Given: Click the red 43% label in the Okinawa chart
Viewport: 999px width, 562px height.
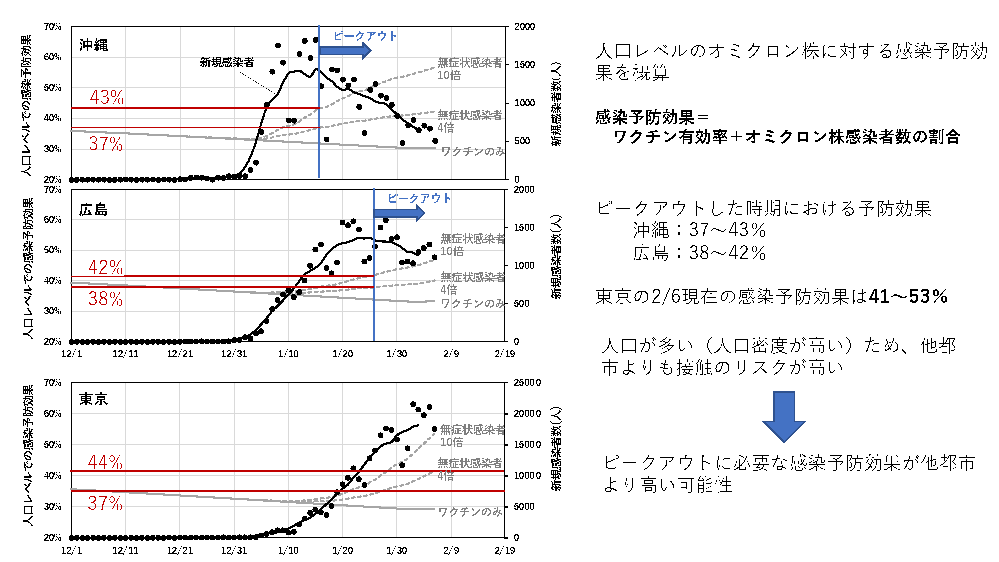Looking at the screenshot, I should (107, 97).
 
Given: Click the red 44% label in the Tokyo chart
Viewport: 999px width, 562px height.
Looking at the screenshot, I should (105, 462).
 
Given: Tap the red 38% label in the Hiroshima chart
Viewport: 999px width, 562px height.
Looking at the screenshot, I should (105, 299).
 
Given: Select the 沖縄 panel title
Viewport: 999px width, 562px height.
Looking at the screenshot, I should (93, 45).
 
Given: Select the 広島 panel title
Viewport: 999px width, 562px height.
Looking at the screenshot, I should (93, 210).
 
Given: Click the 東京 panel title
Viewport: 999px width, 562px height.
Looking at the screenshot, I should (93, 399).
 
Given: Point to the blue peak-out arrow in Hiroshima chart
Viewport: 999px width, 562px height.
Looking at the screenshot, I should (399, 213).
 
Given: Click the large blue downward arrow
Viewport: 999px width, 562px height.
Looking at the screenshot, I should (784, 416).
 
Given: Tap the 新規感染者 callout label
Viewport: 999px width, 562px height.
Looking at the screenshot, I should (227, 62).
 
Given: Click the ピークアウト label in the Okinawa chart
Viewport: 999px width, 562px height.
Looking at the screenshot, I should (365, 36).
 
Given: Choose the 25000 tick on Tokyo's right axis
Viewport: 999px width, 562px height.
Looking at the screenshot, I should (527, 383).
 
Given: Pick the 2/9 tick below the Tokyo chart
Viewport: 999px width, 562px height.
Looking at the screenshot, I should (451, 550).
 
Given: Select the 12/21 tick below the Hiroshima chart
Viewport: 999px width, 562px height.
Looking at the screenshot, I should (180, 354).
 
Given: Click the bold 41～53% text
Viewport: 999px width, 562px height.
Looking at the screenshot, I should (908, 297).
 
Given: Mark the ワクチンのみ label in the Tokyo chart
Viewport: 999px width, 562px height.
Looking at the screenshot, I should (470, 512).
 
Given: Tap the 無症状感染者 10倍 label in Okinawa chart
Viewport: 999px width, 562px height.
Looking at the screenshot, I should (469, 69).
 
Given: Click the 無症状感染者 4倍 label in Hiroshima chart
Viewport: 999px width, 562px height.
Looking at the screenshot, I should (472, 283).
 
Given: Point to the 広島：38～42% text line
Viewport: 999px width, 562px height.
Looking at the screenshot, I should (699, 253).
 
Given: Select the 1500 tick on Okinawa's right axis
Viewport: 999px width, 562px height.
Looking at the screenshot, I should (524, 65).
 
